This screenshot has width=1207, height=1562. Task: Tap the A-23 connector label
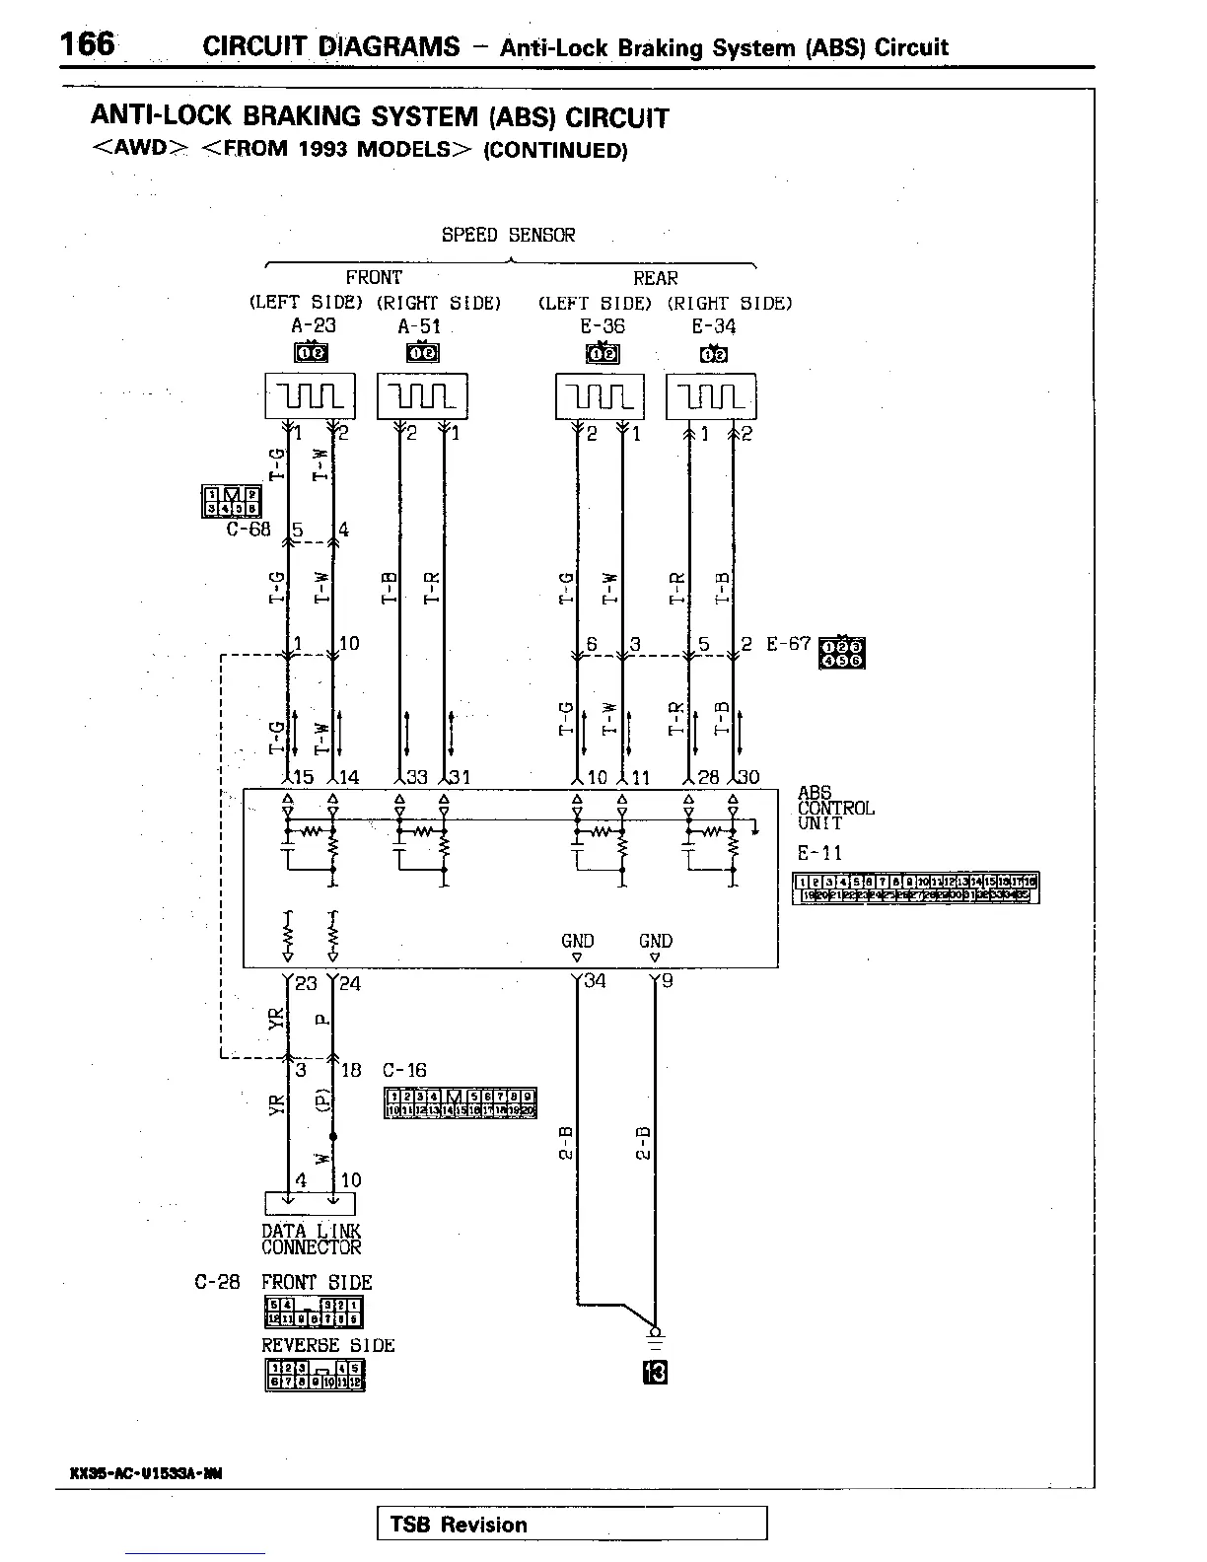(315, 326)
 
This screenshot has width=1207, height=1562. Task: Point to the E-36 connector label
(602, 326)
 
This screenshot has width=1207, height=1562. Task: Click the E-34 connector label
(713, 326)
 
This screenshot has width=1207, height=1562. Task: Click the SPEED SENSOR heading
(508, 235)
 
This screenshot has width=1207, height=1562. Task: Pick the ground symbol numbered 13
(655, 1372)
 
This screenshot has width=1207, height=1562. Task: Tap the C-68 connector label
(248, 529)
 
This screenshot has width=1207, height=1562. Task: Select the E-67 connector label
(788, 644)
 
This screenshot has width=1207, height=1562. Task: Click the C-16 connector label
(404, 1070)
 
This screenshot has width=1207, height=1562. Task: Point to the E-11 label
(819, 853)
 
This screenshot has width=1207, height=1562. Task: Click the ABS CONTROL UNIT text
(834, 808)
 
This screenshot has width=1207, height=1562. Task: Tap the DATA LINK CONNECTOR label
(311, 1240)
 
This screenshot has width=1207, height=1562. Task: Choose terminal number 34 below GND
(596, 981)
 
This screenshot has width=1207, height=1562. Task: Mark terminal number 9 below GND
(668, 981)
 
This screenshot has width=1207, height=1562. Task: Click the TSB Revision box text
(459, 1525)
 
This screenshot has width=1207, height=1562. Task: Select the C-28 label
(217, 1283)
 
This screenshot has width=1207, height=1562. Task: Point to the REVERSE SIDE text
(327, 1345)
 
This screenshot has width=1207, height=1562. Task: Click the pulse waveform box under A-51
(422, 396)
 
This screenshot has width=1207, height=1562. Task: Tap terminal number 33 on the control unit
(416, 777)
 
